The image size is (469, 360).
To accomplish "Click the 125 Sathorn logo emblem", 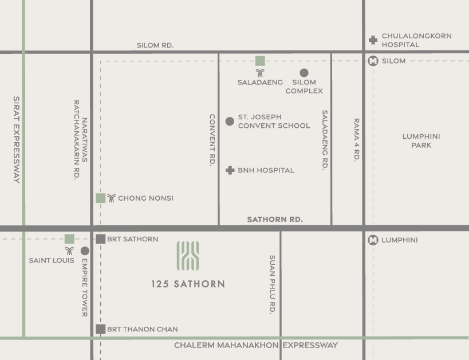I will point(188,256).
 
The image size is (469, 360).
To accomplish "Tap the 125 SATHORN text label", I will point(188,284).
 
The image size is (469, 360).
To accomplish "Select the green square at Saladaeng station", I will point(260,61).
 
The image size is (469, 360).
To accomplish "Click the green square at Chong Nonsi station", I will point(101,198).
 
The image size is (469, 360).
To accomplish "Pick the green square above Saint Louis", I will point(69,239).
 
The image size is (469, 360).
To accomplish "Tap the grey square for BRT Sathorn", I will point(101,239).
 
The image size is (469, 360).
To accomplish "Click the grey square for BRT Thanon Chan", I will point(101,329).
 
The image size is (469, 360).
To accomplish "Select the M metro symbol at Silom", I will point(373,61).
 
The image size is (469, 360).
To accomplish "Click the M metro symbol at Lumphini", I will point(373,240).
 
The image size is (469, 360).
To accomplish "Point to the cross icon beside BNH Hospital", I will point(230,170).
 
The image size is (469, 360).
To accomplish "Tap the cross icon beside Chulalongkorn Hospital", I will point(373,40).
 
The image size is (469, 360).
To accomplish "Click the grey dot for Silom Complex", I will point(304,73).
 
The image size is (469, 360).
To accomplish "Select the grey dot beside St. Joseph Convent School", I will point(230,121).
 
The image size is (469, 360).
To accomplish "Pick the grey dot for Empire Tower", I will point(85,251).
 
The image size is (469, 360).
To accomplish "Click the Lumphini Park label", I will point(421,141).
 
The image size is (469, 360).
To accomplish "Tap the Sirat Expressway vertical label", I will point(16,139).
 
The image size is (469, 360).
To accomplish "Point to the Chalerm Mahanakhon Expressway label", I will point(256,345).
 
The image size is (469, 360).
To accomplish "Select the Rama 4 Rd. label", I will point(356,140).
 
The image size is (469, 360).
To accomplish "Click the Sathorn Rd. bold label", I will point(275,220).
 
